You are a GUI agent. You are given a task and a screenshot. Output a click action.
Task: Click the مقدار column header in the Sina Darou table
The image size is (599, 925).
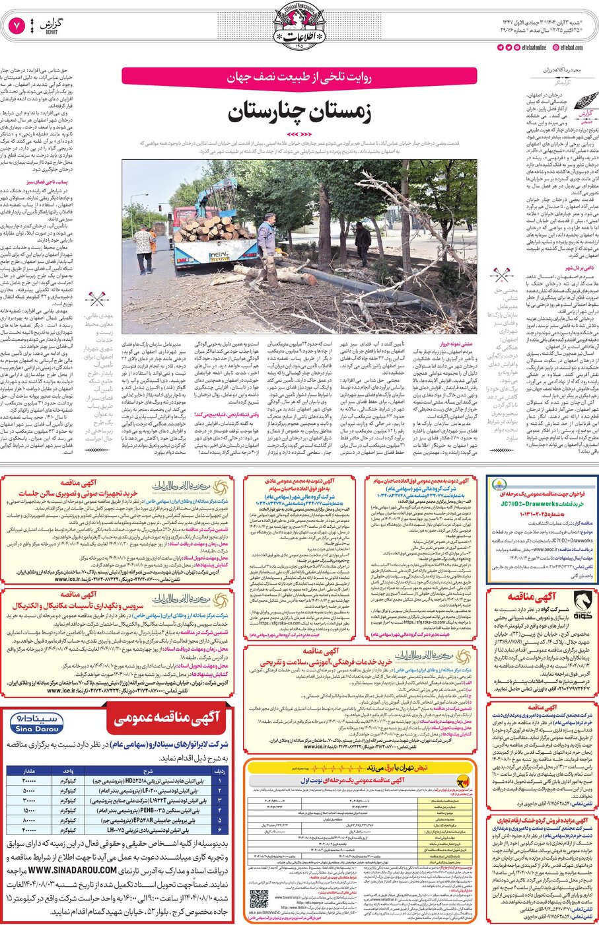(29, 771)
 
